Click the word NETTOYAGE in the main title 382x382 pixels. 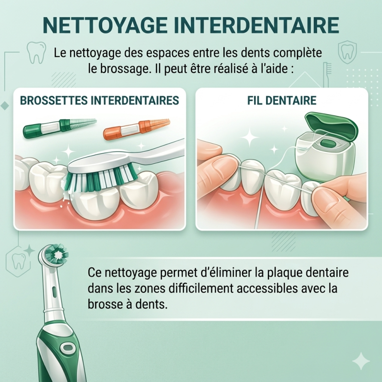pyautogui.click(x=105, y=25)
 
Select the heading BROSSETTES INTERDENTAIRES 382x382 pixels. pyautogui.click(x=99, y=100)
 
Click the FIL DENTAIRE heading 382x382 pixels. pyautogui.click(x=282, y=100)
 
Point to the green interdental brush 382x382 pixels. pyautogui.click(x=60, y=127)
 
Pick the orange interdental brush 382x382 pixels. pyautogui.click(x=137, y=129)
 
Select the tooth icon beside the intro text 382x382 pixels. pyautogui.click(x=36, y=53)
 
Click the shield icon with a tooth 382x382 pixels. pyautogui.click(x=348, y=52)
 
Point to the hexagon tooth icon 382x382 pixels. pyautogui.click(x=18, y=261)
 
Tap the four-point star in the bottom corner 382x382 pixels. pyautogui.click(x=361, y=361)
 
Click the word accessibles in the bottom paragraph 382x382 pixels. pyautogui.click(x=267, y=288)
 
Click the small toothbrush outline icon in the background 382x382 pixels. pyautogui.click(x=327, y=74)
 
